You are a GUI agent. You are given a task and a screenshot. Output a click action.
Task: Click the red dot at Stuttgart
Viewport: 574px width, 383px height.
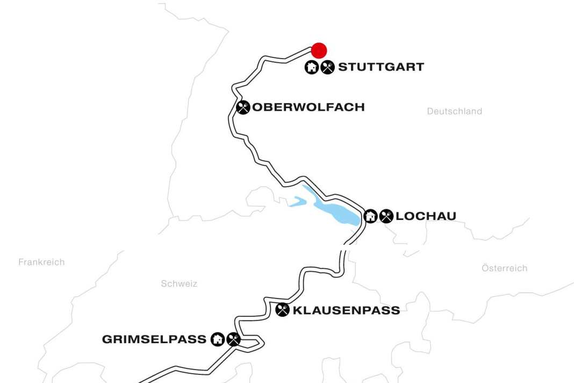pos(319,50)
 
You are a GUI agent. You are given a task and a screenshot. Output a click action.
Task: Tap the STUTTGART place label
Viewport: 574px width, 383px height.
pos(381,67)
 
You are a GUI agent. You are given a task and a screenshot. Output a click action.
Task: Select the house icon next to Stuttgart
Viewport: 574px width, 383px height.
pos(312,67)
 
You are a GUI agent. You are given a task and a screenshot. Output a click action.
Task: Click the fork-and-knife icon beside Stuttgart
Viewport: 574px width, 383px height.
pos(327,67)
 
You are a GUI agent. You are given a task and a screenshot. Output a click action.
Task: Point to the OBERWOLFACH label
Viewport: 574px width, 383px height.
pos(308,107)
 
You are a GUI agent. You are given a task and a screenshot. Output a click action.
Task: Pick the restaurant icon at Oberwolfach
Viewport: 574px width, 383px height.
pos(243,107)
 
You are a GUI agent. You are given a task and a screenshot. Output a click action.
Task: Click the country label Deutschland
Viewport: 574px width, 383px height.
pos(454,111)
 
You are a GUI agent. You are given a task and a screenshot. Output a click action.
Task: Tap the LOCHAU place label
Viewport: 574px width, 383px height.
pos(426,216)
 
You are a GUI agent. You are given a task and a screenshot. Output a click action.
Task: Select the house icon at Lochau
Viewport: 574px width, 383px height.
pos(370,216)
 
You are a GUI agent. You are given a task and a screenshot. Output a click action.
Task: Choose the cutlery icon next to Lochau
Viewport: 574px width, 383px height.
pos(386,216)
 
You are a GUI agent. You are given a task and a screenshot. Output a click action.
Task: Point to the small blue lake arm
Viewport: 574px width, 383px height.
pos(297,202)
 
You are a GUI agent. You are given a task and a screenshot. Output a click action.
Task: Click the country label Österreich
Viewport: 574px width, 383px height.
pos(504,268)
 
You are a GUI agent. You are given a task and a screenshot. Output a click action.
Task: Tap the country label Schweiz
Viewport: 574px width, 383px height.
pos(179,283)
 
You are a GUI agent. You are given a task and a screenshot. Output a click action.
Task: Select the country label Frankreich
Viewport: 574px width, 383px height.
pos(41,262)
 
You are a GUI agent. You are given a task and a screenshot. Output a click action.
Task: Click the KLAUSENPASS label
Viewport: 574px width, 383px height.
pos(346,310)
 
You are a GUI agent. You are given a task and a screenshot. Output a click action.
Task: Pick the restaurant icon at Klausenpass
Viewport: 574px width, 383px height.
pos(282,310)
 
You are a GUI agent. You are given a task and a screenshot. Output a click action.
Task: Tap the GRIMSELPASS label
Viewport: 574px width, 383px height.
pos(154,339)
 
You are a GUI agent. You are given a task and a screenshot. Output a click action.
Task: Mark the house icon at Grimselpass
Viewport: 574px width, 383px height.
pos(217,339)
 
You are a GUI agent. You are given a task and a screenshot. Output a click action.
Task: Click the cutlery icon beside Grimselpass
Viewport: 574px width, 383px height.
pos(233,339)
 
